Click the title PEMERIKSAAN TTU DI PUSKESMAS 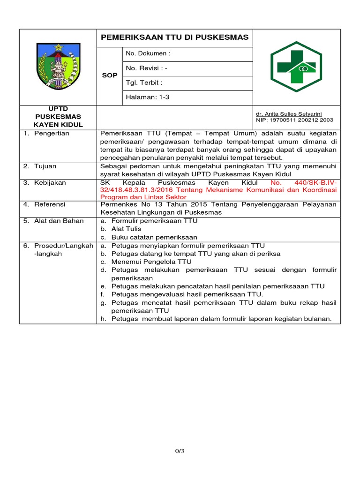tap(174, 37)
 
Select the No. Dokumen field tap(148, 53)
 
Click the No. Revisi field tap(146, 68)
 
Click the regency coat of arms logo tap(58, 67)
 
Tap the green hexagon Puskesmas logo tap(296, 67)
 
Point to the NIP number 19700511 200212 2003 tap(294, 120)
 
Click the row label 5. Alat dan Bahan tap(53, 221)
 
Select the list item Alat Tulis tap(126, 229)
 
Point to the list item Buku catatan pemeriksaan tap(154, 237)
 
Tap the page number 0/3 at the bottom tap(180, 451)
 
